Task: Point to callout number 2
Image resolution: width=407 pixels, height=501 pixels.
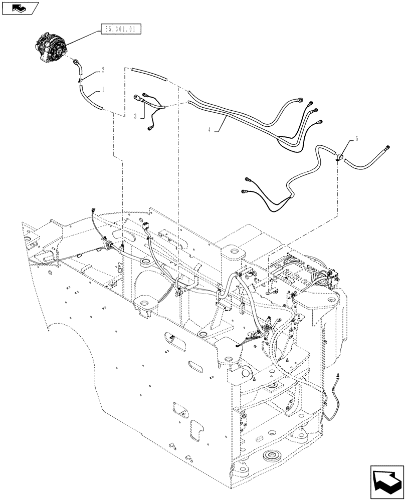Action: pos(103,70)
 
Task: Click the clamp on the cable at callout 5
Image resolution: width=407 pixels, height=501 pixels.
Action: pos(340,157)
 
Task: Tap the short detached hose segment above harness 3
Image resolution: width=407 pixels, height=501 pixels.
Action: pos(148,74)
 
